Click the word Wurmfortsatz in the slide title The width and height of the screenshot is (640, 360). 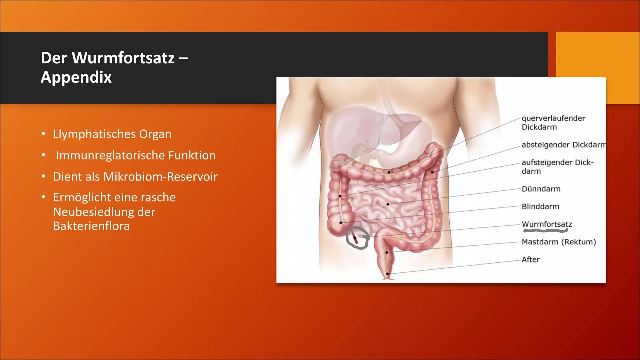(x=123, y=58)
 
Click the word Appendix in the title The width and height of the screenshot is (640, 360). (x=76, y=77)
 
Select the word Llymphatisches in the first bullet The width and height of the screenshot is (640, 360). (x=94, y=134)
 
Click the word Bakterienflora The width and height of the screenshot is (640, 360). (x=91, y=226)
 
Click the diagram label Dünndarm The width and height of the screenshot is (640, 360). (x=541, y=189)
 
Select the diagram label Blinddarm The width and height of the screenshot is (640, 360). (x=540, y=207)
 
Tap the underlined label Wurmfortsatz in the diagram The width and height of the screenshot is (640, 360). (x=546, y=224)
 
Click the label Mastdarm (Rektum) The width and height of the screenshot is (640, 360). (x=558, y=242)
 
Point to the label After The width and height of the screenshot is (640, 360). (x=530, y=260)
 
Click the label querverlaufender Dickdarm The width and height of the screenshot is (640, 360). (x=553, y=123)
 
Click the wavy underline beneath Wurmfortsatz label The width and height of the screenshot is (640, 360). (x=545, y=230)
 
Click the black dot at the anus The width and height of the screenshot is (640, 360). (x=387, y=274)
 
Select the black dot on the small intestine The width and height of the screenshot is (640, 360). (x=388, y=204)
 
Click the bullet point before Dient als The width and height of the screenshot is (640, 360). (x=43, y=176)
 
